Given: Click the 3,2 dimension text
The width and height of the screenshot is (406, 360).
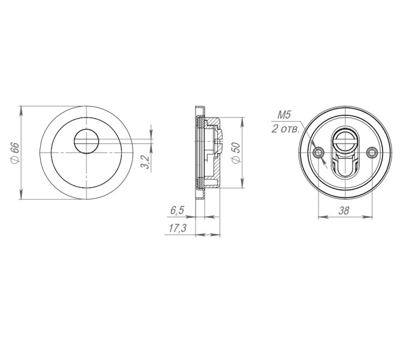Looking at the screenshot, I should [145, 161].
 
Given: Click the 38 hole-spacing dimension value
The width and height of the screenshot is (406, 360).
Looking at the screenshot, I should [344, 210].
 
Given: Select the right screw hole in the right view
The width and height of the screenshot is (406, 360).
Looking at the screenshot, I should [372, 153].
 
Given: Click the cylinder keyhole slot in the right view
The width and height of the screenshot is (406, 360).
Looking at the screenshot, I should [345, 157].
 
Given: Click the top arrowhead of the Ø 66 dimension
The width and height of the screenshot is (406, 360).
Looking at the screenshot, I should [21, 110].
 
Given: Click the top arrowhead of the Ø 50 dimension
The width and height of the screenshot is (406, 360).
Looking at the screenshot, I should [242, 119].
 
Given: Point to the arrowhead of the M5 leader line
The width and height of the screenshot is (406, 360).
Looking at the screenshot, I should [323, 160].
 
